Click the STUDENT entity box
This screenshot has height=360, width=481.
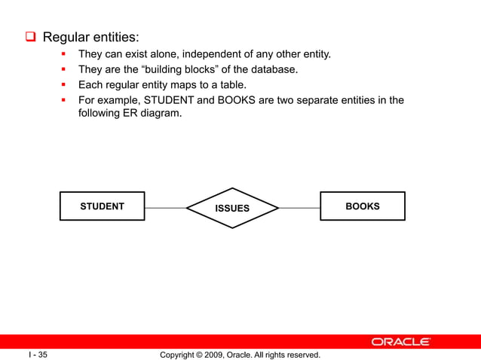click(x=103, y=206)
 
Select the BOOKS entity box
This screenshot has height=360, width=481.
click(x=362, y=206)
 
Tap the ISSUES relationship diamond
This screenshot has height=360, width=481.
click(x=232, y=208)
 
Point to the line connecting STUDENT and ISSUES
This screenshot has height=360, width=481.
click(x=165, y=207)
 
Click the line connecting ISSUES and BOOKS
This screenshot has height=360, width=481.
click(x=299, y=207)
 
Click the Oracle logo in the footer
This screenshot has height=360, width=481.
click(x=400, y=342)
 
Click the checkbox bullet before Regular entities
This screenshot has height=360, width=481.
click(x=32, y=37)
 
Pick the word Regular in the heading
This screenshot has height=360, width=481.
click(x=66, y=37)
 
